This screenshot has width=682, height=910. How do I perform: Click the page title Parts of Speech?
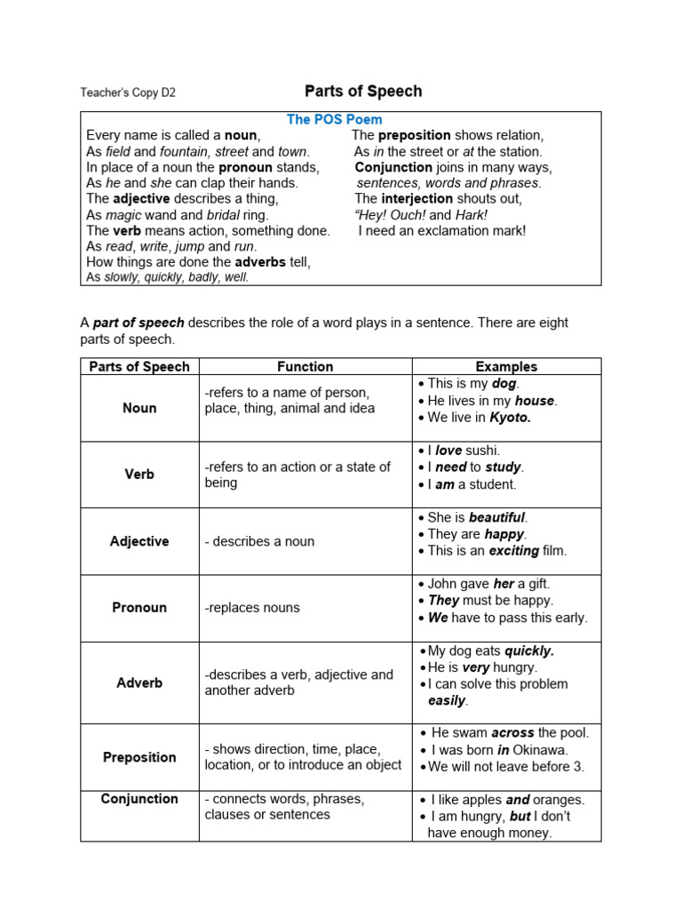click(x=363, y=91)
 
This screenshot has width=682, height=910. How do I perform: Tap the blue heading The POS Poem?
click(x=334, y=119)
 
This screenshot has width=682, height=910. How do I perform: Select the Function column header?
click(x=305, y=366)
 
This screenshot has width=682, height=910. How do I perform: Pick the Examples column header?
click(x=506, y=366)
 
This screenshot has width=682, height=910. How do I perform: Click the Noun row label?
click(x=139, y=408)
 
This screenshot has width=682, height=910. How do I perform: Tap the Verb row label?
click(x=139, y=475)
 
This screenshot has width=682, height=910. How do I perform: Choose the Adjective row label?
click(x=139, y=541)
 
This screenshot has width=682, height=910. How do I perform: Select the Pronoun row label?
click(x=139, y=608)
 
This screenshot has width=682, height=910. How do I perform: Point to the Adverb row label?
click(x=139, y=682)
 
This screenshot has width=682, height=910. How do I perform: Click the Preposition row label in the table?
click(x=139, y=757)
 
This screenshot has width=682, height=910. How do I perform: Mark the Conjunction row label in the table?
click(x=139, y=799)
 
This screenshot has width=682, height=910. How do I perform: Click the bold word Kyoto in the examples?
click(x=510, y=418)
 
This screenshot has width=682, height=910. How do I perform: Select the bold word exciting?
click(x=513, y=550)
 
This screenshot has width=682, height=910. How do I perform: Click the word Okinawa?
click(x=544, y=750)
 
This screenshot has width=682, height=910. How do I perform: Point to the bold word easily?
click(x=447, y=700)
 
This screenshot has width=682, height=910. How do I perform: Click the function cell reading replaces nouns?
click(x=252, y=608)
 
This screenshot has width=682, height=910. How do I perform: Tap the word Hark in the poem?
click(x=472, y=215)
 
